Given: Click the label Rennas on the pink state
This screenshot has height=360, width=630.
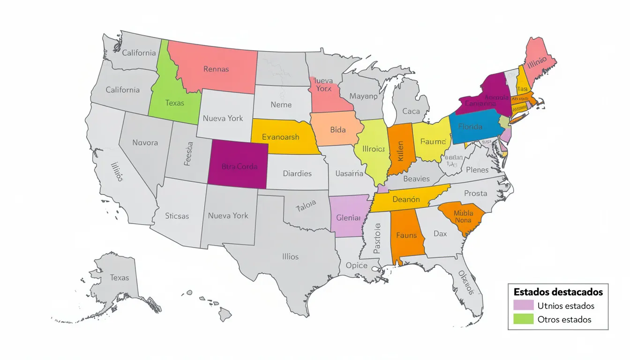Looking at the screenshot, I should point(216,69).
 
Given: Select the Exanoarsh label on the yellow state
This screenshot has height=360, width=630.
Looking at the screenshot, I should point(280,137).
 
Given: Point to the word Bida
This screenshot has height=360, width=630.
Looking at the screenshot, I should point(337,130).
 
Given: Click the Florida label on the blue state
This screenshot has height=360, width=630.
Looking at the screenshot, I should point(470,127).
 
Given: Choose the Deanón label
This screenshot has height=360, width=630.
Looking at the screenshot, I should point(406,199).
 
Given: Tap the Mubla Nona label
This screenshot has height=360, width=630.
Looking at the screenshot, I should point(463,217).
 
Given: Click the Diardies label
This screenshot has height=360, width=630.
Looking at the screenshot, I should point(297,173).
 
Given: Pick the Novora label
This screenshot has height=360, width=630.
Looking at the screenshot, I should point(145,142).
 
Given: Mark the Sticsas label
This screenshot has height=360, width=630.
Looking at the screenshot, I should point(177,216).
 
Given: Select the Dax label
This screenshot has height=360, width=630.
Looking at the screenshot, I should point(440,233).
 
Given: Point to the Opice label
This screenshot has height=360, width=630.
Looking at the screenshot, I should point(356,265).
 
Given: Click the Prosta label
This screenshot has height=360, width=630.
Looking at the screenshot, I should point(476,193).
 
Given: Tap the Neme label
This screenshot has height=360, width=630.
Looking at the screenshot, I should point(281,105).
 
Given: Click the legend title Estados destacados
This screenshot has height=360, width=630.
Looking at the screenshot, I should point(558,292).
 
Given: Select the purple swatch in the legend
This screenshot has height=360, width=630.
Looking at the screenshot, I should point(523,306).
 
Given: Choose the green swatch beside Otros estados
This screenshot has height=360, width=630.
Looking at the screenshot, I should point(523,319).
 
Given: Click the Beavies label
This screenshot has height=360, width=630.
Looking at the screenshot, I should point(416,179).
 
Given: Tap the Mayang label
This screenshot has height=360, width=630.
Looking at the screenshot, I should point(363,97).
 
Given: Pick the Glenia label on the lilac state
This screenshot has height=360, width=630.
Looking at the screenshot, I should point(348,218).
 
